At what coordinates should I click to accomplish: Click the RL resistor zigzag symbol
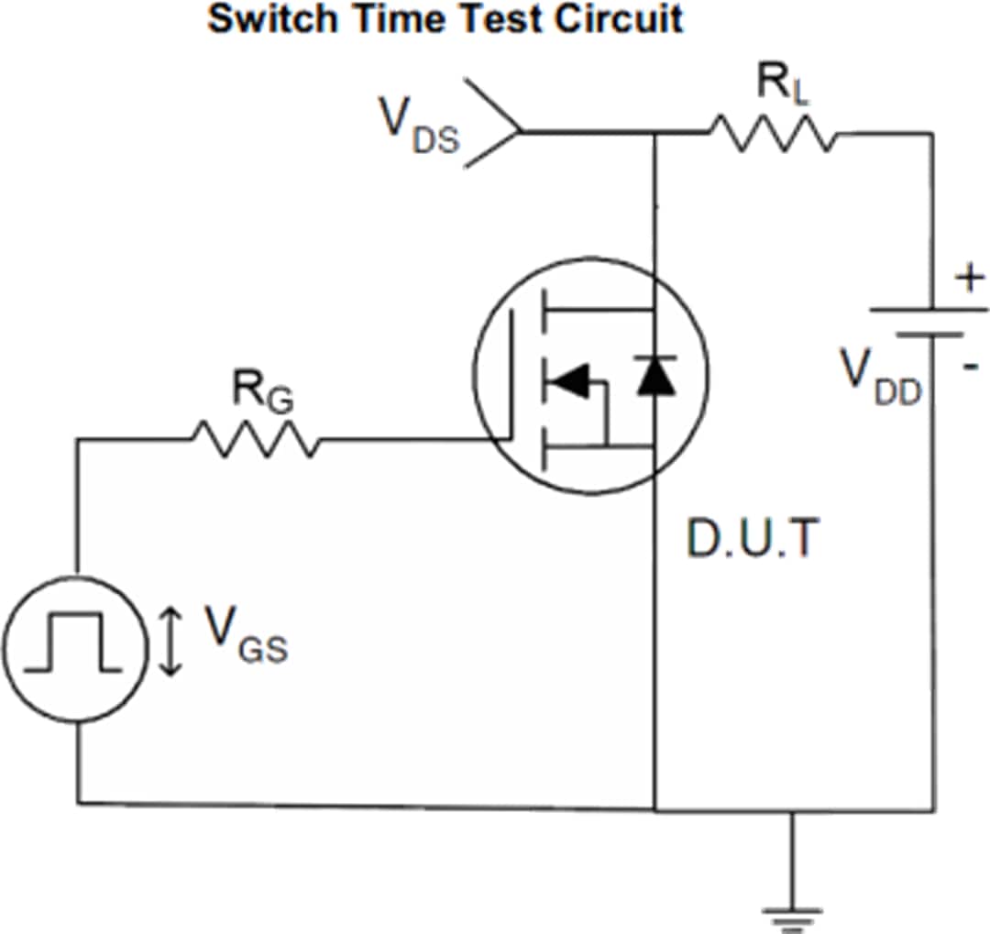click(x=772, y=134)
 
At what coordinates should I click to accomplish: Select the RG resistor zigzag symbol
click(x=256, y=440)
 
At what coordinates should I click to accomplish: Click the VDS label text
click(x=418, y=126)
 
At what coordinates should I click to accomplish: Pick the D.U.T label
click(x=749, y=541)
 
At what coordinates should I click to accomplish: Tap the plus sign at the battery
click(x=970, y=278)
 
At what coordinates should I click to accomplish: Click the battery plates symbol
click(x=930, y=322)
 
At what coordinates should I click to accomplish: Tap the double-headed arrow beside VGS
click(x=170, y=643)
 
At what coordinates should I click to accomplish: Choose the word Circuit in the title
click(x=622, y=18)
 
